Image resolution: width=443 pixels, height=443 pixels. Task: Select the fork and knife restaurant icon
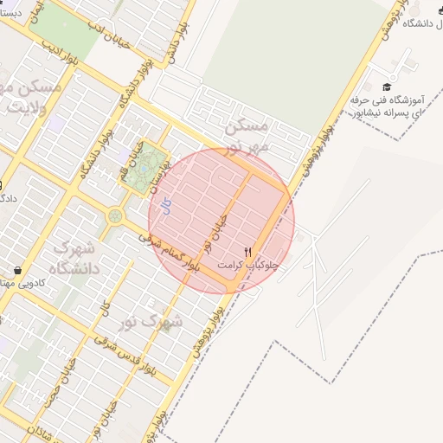click(x=248, y=252)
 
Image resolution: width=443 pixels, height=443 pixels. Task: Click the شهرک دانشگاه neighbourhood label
click(x=74, y=258)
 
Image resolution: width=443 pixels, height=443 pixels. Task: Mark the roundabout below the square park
click(x=115, y=215)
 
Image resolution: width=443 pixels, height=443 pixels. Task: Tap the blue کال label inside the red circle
click(x=167, y=206)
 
